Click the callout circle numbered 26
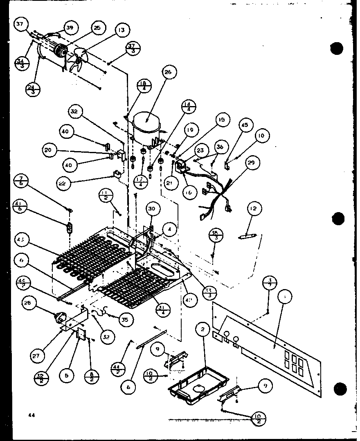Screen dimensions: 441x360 [x=169, y=72]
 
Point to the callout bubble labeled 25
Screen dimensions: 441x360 [x=97, y=28]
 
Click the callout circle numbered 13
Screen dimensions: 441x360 [x=122, y=30]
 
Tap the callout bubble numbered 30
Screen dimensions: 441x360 [x=151, y=209]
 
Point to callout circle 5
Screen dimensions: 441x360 [x=64, y=375]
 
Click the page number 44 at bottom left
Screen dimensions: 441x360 [x=31, y=414]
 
